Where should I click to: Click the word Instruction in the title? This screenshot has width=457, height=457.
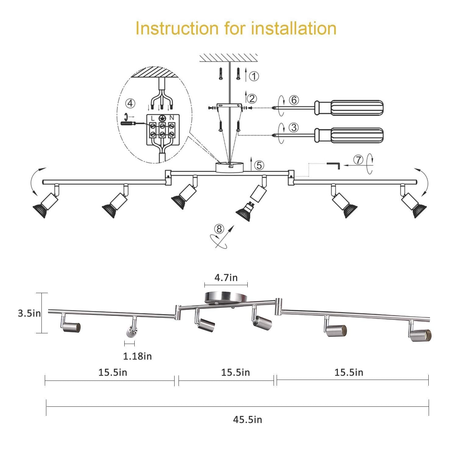tap(177, 28)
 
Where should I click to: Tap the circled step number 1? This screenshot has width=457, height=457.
tap(254, 76)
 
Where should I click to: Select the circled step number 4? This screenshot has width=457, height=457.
tap(130, 104)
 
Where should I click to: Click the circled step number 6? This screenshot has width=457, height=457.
tap(294, 100)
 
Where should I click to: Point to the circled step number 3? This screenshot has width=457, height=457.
tap(294, 127)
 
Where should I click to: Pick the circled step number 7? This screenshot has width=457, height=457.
tap(358, 160)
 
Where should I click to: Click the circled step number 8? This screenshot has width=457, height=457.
tap(219, 228)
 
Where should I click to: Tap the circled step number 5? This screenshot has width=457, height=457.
tap(259, 165)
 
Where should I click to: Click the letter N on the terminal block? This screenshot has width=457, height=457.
tap(172, 118)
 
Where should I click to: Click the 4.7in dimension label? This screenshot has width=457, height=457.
tap(226, 278)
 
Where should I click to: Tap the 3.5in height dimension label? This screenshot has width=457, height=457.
tap(29, 313)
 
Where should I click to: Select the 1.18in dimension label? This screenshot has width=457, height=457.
tap(137, 356)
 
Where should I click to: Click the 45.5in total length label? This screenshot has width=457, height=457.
tap(247, 420)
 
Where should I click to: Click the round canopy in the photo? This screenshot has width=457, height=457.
tap(222, 297)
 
